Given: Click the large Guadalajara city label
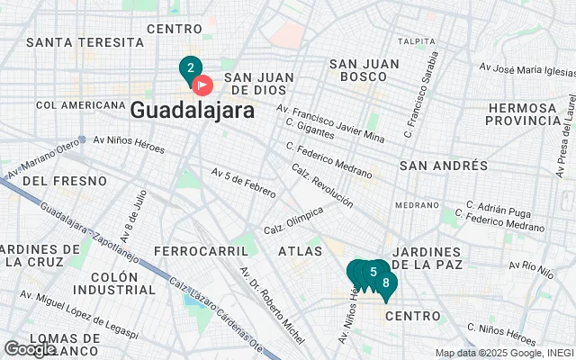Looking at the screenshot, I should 191,110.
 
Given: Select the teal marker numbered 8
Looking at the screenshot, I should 386,283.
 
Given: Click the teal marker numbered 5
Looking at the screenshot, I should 373,272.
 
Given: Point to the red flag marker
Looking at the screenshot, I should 203,85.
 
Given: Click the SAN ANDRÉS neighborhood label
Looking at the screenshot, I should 443,166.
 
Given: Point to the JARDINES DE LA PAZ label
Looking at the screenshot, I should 427,257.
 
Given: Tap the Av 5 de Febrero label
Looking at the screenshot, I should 243,179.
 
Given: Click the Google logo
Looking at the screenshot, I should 30,349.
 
